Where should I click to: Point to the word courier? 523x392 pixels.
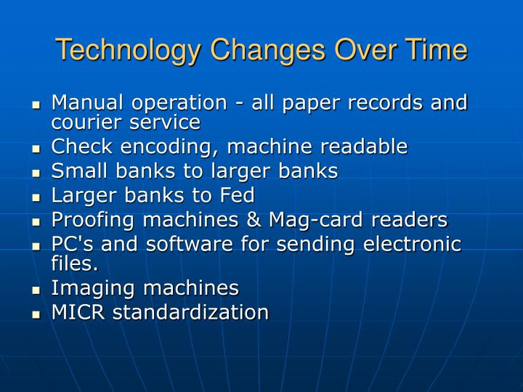(x=82, y=122)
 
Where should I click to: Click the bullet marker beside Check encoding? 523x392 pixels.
(x=36, y=148)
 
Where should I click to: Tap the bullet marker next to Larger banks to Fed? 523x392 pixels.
(x=36, y=197)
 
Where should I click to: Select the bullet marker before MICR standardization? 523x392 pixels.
(x=36, y=314)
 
